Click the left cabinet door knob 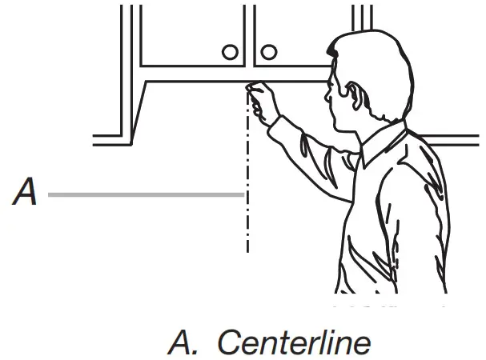click(231, 53)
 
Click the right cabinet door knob click(269, 53)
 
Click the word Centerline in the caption click(294, 342)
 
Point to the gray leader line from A click(144, 194)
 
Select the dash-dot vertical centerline click(247, 208)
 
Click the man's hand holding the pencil click(262, 99)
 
